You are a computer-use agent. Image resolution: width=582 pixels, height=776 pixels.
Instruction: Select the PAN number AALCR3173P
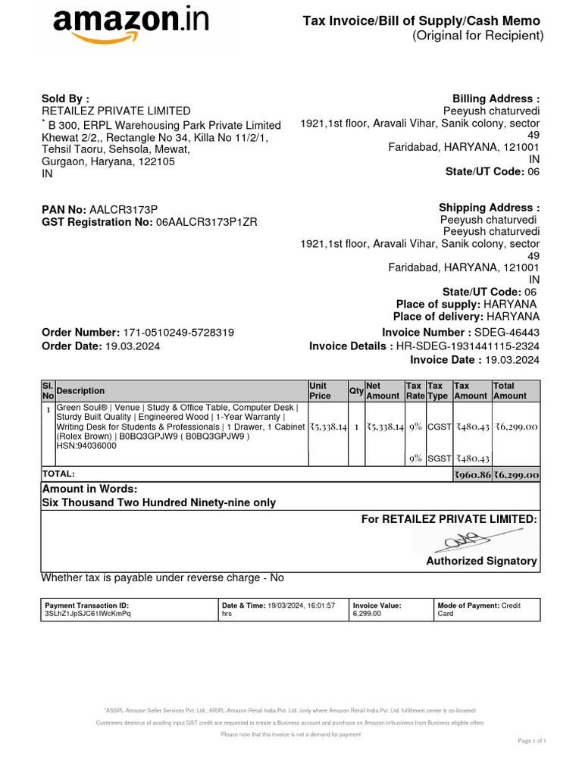(124, 210)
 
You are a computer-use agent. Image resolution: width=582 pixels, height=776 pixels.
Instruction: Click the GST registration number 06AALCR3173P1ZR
(206, 223)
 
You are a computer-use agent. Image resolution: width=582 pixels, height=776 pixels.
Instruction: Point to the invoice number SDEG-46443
(506, 333)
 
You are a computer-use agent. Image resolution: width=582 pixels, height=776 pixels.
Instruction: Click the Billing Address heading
(496, 99)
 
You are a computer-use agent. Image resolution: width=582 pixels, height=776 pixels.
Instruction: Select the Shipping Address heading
(489, 208)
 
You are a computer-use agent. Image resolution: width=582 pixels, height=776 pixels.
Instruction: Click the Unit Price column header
(320, 391)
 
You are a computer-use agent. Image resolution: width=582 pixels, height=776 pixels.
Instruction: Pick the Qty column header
(356, 391)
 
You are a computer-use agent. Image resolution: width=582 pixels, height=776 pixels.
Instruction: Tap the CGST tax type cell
(439, 427)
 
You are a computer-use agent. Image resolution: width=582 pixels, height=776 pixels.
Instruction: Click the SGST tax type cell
(439, 458)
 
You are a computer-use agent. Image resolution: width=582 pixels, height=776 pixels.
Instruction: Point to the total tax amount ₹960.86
(471, 475)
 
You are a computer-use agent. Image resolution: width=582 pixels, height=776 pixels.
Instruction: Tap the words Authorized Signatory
(481, 562)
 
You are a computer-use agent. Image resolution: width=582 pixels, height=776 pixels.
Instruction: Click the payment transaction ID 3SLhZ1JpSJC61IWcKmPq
(88, 614)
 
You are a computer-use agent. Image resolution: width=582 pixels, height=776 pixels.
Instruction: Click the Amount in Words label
(89, 489)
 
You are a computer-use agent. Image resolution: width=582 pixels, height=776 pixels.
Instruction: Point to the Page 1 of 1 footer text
(531, 740)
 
